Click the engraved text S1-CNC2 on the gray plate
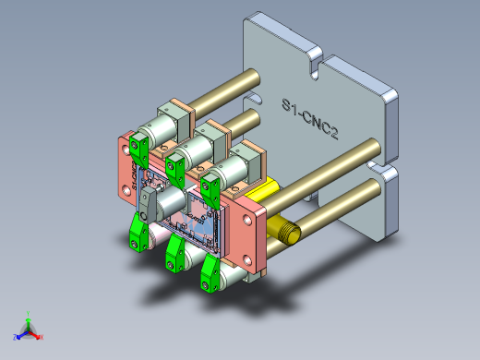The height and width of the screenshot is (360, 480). [309, 119]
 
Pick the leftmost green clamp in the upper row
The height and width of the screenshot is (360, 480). [140, 146]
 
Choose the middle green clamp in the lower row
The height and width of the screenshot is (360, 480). [174, 252]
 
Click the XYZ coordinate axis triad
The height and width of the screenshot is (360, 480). [28, 330]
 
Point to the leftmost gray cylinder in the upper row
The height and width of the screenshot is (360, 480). [164, 126]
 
